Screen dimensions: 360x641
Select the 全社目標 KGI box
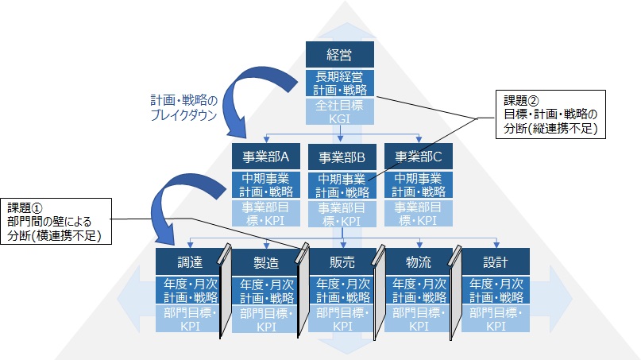coord(340,110)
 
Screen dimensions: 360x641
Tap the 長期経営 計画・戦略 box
coord(340,83)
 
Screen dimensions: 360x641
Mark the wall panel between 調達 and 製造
coord(224,290)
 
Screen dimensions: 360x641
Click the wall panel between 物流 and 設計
coord(454,290)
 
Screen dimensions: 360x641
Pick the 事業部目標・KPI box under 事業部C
coord(418,213)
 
